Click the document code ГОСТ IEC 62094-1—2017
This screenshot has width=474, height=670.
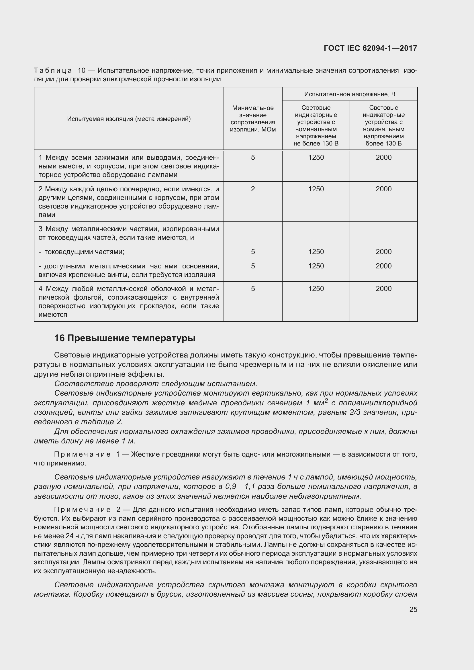tap(370, 48)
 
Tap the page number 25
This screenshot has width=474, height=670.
tap(413, 609)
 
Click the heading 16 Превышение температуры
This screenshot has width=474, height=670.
tap(125, 338)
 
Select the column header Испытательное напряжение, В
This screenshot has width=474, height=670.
tap(349, 94)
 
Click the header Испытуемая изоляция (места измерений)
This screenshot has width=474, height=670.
tap(129, 119)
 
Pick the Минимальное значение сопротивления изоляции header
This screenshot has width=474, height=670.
tap(253, 119)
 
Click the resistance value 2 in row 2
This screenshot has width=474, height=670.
tap(253, 189)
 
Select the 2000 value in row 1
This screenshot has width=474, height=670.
tap(383, 158)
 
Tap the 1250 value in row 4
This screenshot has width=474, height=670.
tap(316, 289)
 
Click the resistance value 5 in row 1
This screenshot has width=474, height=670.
tap(253, 158)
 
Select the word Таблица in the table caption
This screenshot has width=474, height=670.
tap(53, 71)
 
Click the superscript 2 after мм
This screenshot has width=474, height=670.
tap(326, 401)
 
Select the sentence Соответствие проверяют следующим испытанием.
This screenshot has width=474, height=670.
tap(156, 384)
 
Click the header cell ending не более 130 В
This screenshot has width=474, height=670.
tap(316, 125)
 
